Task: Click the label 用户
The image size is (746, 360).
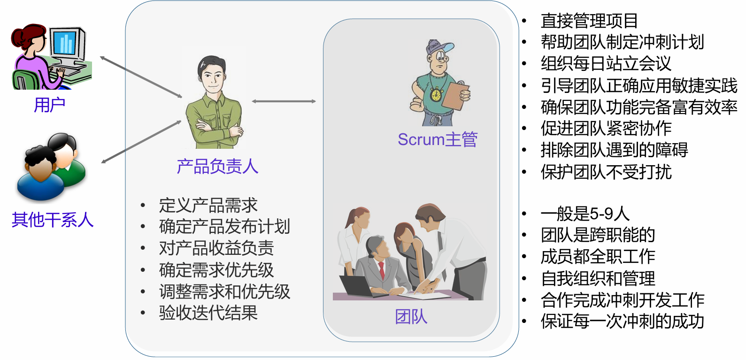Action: tap(49, 105)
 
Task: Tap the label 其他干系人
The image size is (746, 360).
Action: tap(52, 219)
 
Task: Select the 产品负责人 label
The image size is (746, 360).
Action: tap(217, 166)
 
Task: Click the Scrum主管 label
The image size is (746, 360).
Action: tap(438, 139)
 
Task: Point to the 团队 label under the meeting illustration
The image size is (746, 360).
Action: tap(411, 317)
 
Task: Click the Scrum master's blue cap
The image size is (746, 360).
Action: tap(438, 46)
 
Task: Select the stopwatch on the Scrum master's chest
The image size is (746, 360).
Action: tap(436, 94)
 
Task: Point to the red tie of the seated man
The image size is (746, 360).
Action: tap(381, 270)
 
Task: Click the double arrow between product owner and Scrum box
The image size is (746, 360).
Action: tap(284, 101)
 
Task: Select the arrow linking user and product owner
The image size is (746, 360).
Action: tap(141, 77)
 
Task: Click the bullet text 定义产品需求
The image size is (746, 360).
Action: tap(208, 205)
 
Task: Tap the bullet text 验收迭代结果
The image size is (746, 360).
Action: tap(208, 313)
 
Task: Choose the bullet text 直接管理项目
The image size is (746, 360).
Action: tap(589, 21)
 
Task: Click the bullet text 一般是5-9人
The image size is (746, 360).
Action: tap(584, 214)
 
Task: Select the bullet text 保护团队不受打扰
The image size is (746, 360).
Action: tap(606, 172)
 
